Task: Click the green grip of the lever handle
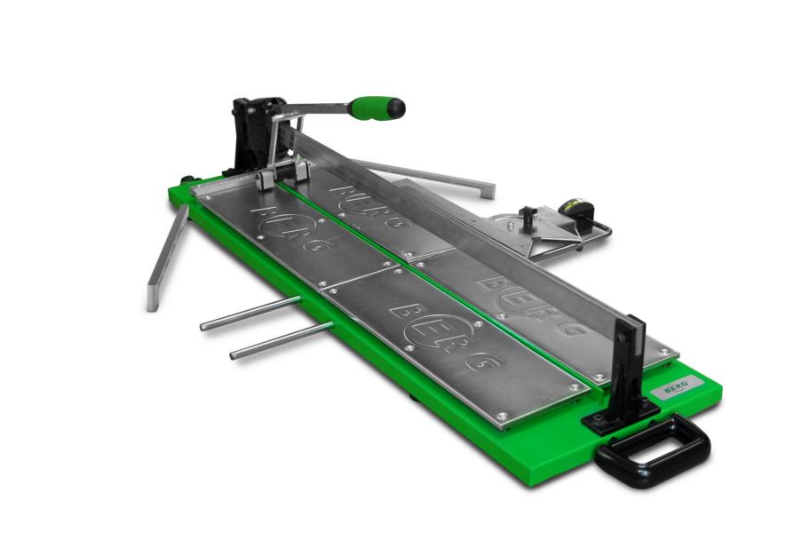pyautogui.click(x=369, y=107)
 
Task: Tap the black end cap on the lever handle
pyautogui.click(x=396, y=107)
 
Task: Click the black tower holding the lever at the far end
pyautogui.click(x=253, y=134)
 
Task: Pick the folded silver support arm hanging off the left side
pyautogui.click(x=166, y=259)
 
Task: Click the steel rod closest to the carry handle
pyautogui.click(x=281, y=341)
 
